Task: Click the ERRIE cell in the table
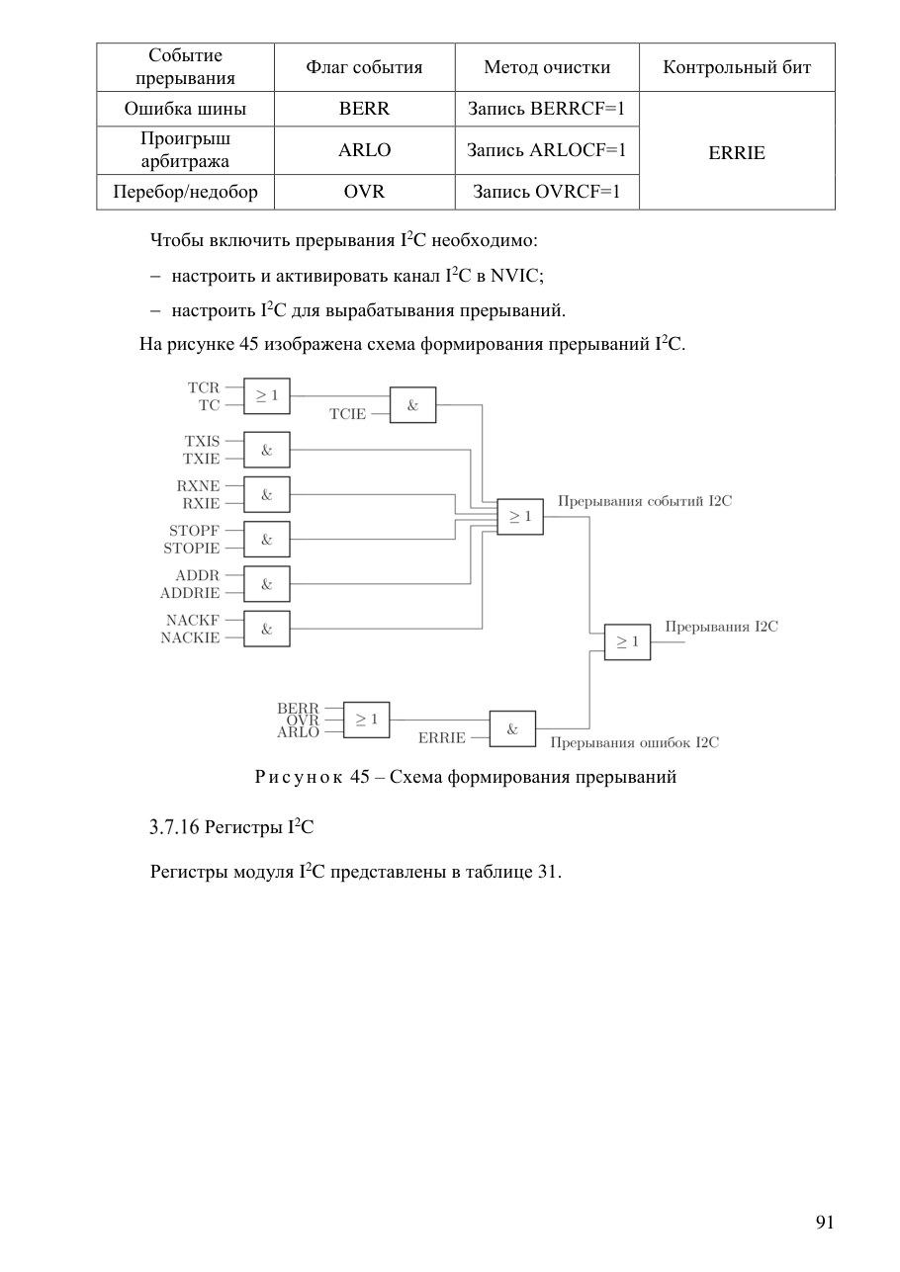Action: (x=737, y=153)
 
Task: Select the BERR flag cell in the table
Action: (x=364, y=109)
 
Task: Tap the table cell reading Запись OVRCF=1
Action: (x=547, y=192)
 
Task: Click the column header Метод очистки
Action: (x=547, y=67)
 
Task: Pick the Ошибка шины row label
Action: (x=185, y=109)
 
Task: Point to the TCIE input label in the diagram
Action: (x=347, y=414)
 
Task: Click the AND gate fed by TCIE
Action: (x=413, y=405)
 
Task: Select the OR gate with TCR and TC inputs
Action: (x=266, y=395)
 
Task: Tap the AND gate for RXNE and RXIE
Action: (x=266, y=494)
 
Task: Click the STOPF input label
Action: (x=194, y=531)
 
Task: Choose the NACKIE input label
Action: (x=190, y=637)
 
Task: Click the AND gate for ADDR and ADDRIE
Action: (x=266, y=584)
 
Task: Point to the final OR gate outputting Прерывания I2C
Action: (x=627, y=641)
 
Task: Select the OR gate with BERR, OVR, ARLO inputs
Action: (x=367, y=720)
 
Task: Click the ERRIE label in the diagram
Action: (x=441, y=737)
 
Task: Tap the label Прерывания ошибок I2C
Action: (x=635, y=743)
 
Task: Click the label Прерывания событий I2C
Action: (x=645, y=501)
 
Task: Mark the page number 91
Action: (x=825, y=1222)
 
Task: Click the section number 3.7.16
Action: (x=174, y=827)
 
